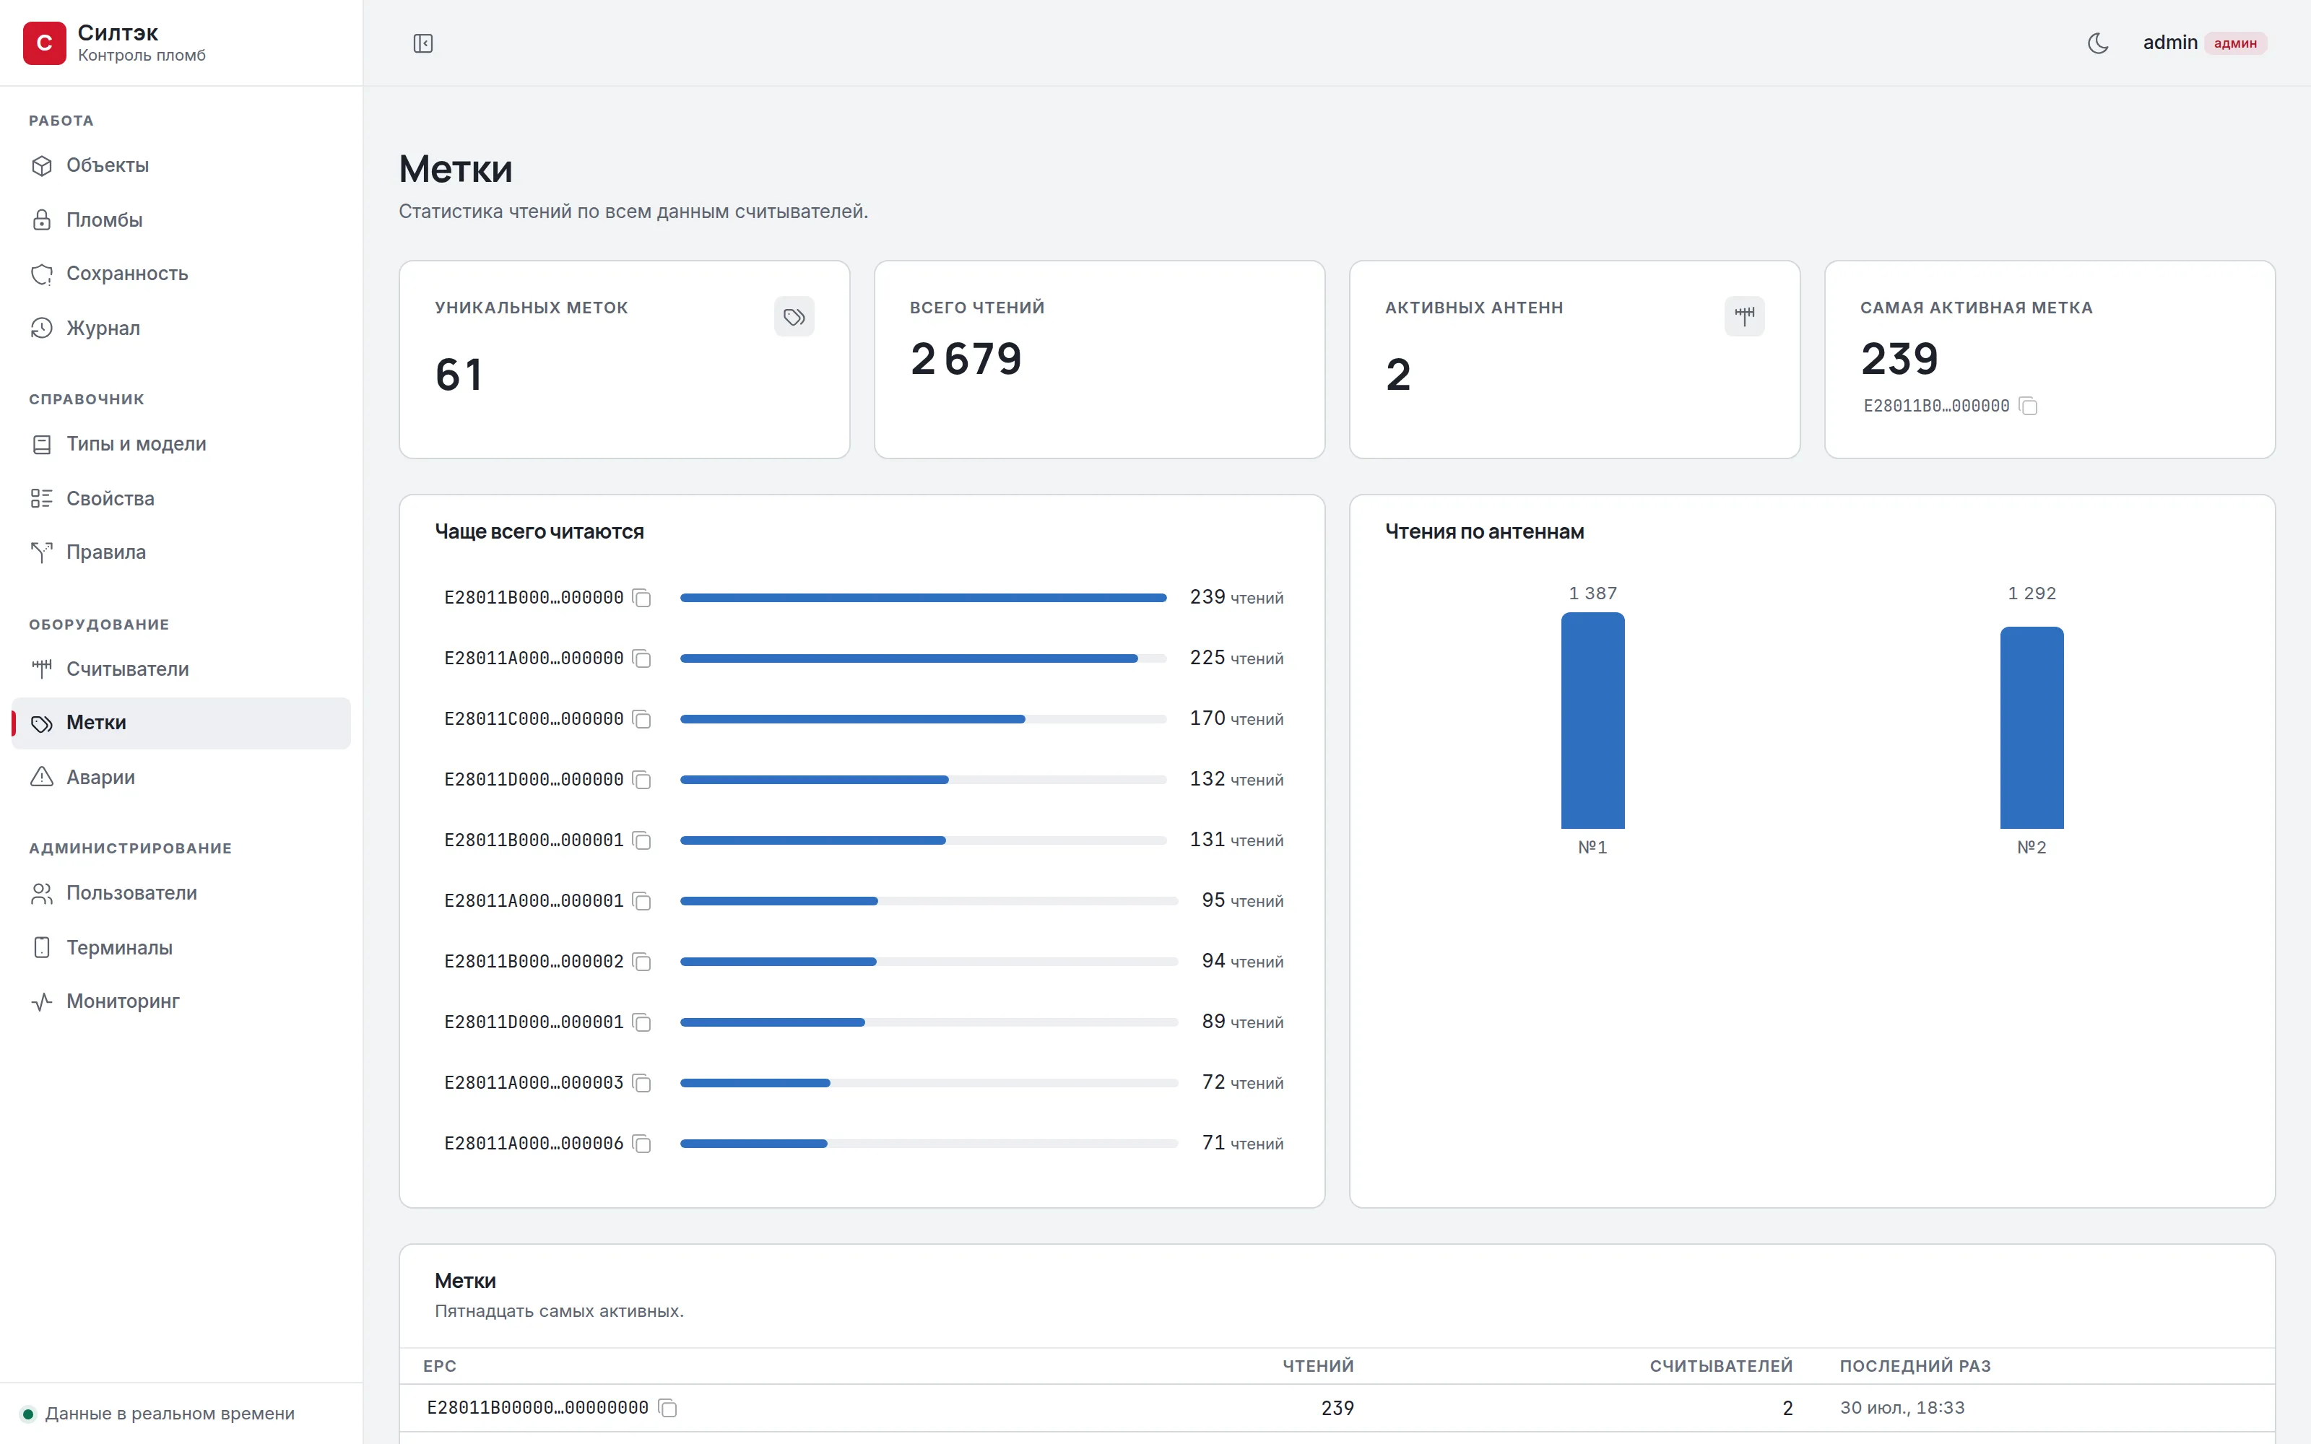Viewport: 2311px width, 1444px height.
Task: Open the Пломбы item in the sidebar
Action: coord(104,219)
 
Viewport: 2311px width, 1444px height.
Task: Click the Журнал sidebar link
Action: coord(102,328)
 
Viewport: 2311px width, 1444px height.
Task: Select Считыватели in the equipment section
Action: coord(127,669)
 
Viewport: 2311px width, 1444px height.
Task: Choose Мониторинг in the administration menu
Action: coord(122,1001)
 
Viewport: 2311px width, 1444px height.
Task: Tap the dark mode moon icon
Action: coord(2098,43)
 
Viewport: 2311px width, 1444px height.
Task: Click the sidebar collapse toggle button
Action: coord(423,43)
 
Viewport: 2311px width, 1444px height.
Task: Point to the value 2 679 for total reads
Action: coord(966,359)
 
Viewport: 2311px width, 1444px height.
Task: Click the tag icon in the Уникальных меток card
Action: coord(794,316)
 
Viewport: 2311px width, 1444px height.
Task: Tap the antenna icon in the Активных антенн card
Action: coord(1744,316)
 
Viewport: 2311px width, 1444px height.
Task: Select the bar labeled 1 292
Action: coord(2032,728)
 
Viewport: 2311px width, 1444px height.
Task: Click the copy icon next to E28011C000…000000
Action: coord(642,719)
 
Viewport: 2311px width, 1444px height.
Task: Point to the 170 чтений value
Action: coord(1236,718)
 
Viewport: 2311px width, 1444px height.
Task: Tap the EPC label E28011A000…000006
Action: coord(534,1143)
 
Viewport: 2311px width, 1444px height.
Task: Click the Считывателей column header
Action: coord(1721,1366)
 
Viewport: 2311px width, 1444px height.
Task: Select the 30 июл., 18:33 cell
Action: coord(1902,1408)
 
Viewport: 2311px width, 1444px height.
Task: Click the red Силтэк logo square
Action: coord(44,43)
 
